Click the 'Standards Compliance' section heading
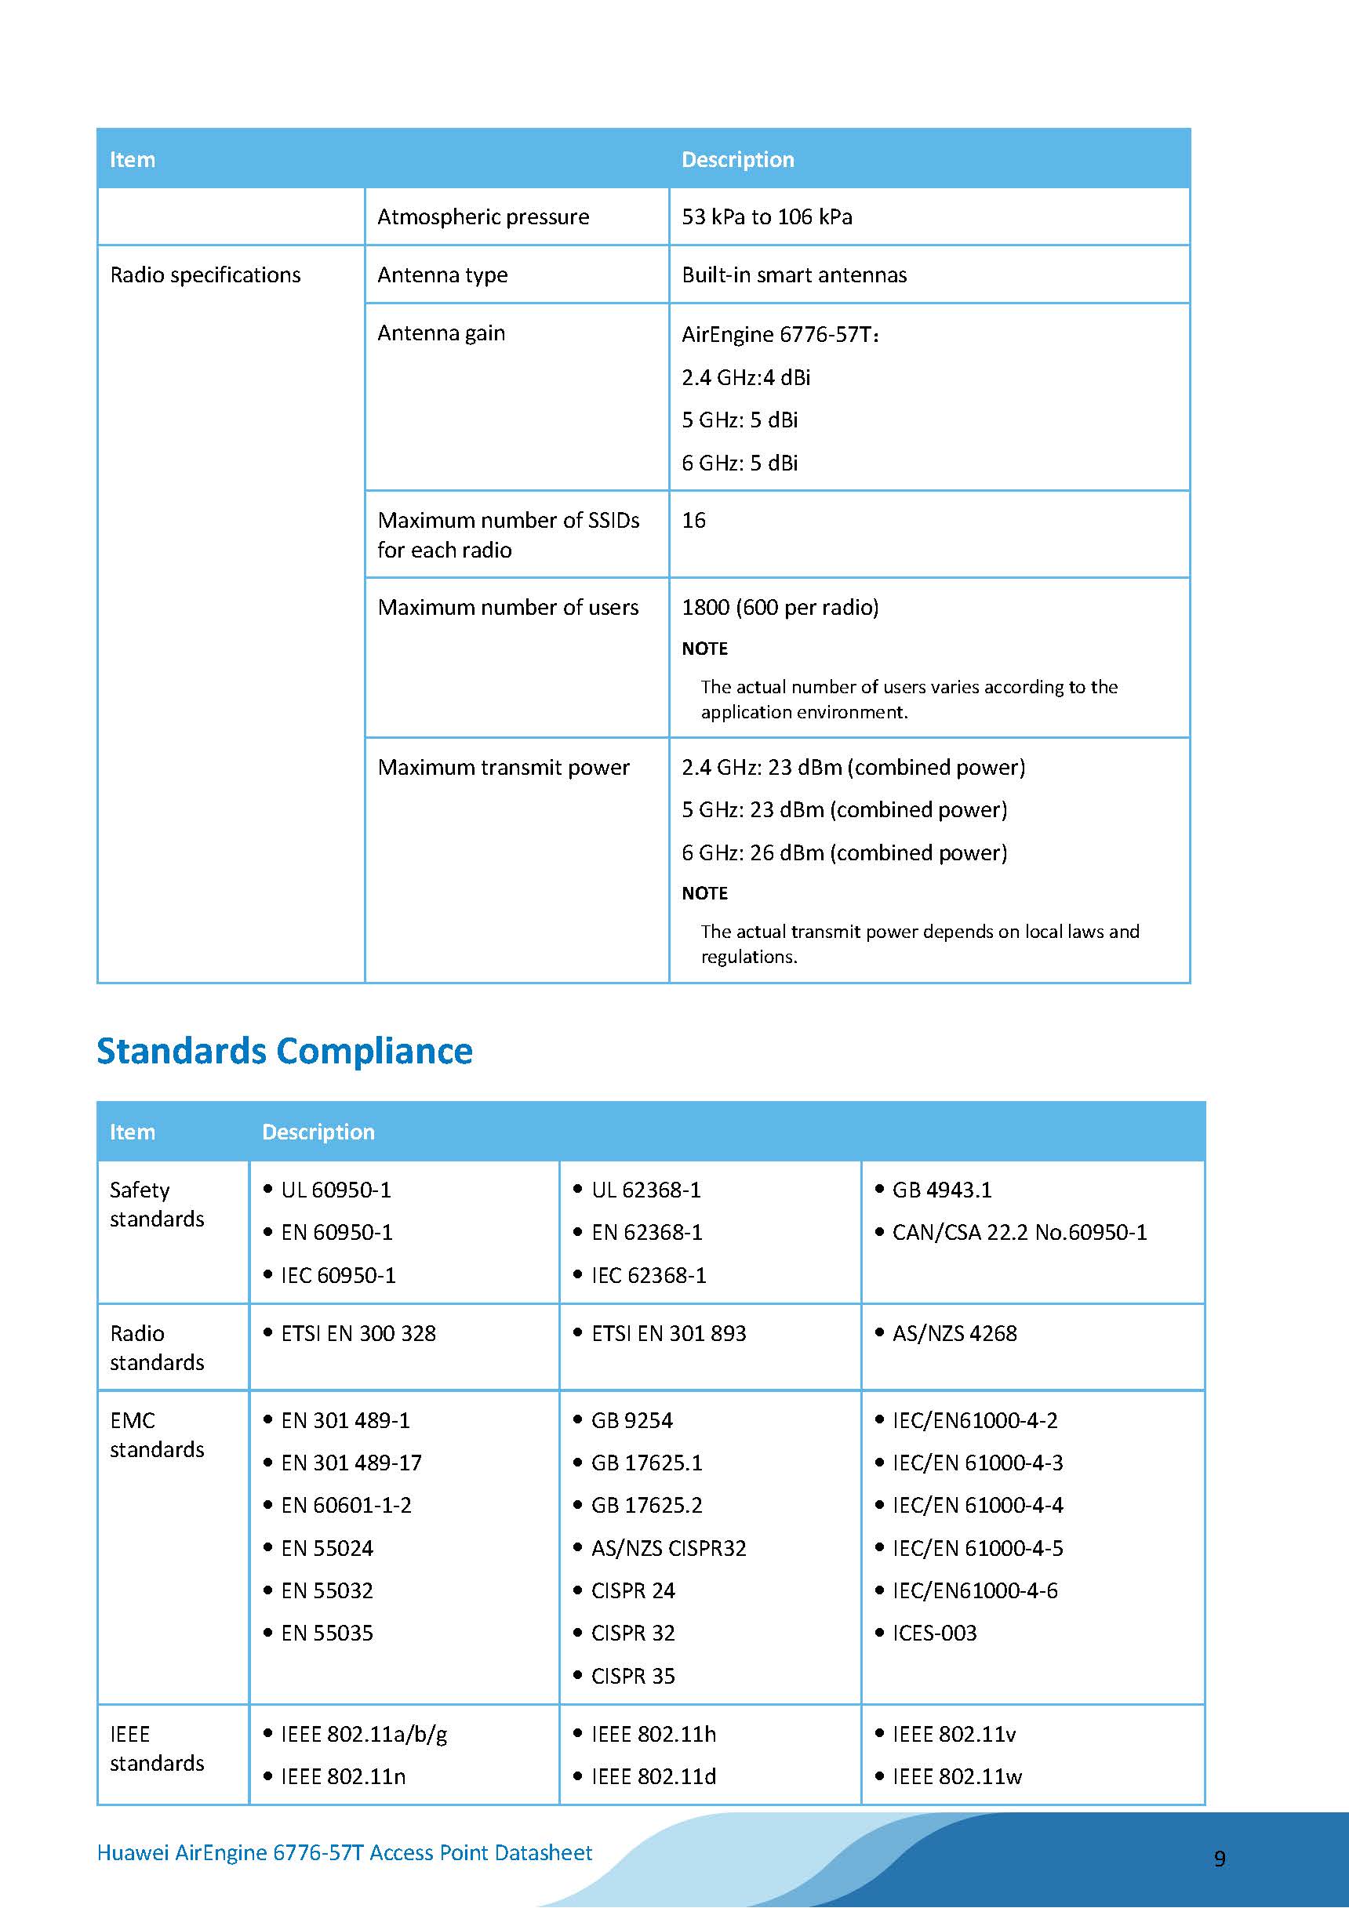[x=284, y=1050]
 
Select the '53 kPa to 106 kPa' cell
[x=766, y=217]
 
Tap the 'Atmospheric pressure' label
[x=483, y=217]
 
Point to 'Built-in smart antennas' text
[x=794, y=275]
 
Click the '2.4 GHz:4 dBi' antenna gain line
[x=746, y=377]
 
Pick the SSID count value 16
[x=693, y=520]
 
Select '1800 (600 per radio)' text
[x=780, y=608]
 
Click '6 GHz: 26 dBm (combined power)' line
[x=844, y=852]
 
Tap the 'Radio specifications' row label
[x=205, y=275]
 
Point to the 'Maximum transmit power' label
[x=503, y=767]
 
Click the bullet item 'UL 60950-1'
[x=336, y=1190]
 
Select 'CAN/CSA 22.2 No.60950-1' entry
[x=1019, y=1232]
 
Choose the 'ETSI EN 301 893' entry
[x=668, y=1334]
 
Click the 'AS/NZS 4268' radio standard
[x=954, y=1334]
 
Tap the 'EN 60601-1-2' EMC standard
[x=346, y=1505]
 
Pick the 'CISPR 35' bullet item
[x=632, y=1676]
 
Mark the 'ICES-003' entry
[x=934, y=1633]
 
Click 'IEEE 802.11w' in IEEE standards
[x=957, y=1777]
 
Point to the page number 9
[x=1220, y=1859]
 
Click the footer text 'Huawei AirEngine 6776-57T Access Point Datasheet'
[x=344, y=1852]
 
